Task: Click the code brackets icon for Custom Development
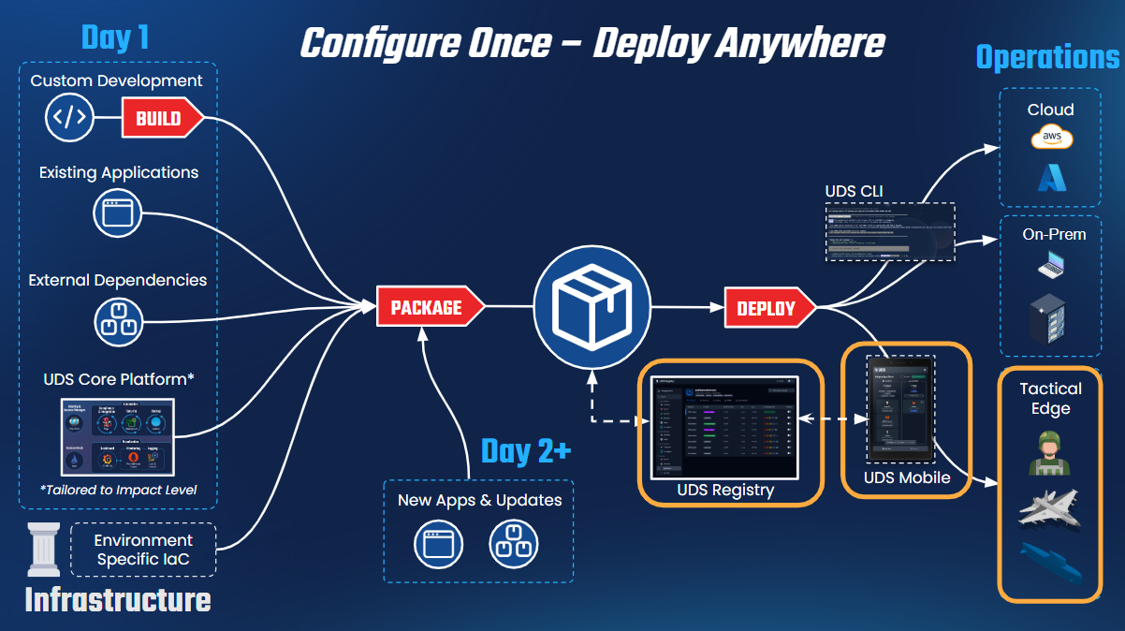point(70,118)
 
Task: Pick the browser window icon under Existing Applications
point(117,213)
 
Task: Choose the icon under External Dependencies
point(118,320)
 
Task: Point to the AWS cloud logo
point(1051,139)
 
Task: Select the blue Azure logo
point(1051,179)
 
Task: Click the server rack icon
point(1051,319)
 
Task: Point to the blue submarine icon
point(1050,562)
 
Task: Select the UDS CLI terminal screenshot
point(889,231)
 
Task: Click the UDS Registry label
point(725,490)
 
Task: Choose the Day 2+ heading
point(525,450)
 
